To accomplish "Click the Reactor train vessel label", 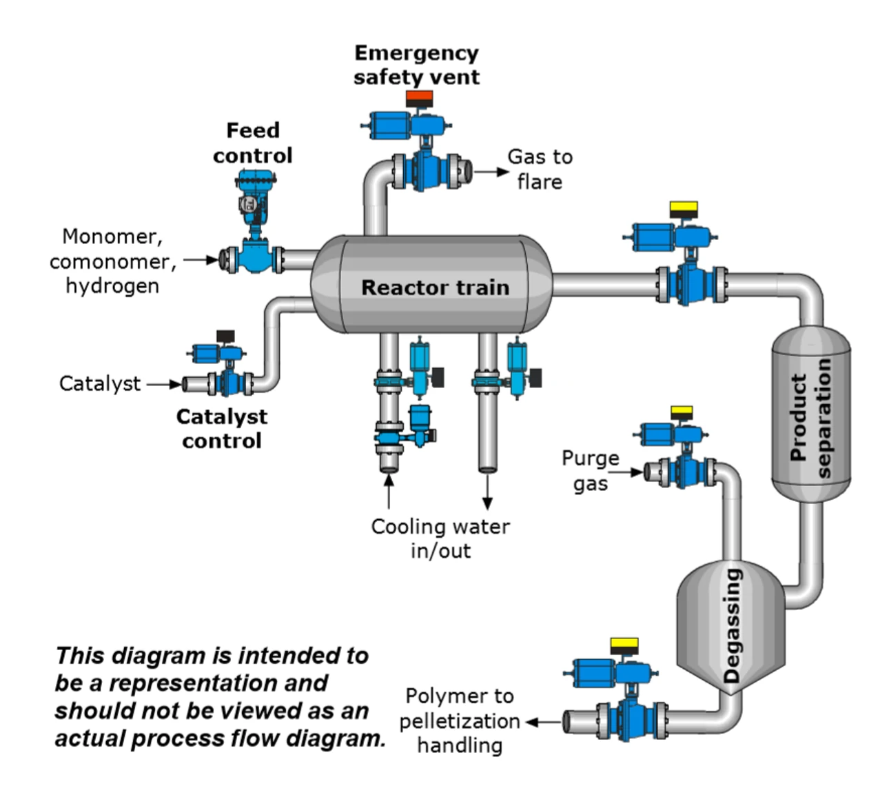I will (x=435, y=287).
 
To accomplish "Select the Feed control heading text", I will (x=253, y=143).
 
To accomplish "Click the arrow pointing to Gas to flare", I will (x=491, y=172).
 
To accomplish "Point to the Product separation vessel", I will (x=810, y=414).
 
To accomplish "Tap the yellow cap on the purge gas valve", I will (x=682, y=413).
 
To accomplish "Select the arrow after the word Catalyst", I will (x=164, y=384).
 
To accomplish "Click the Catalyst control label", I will (x=221, y=428).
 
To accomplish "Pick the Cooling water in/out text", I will (x=440, y=538).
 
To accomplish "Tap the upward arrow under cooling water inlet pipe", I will (x=389, y=490).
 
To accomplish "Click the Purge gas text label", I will (x=591, y=470).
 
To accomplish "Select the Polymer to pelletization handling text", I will (x=460, y=720).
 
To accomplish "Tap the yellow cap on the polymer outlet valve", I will (x=624, y=645).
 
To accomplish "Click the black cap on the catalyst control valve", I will (x=225, y=336).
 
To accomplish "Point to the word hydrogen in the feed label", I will (x=112, y=285).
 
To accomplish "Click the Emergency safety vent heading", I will (x=416, y=65).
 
